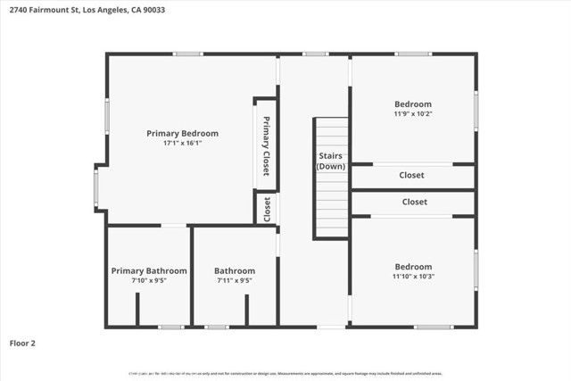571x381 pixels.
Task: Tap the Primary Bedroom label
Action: tap(182, 133)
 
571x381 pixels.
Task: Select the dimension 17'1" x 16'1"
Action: tap(182, 143)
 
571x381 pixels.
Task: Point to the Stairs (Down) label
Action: tap(331, 161)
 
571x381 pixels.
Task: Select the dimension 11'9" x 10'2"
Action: tap(412, 113)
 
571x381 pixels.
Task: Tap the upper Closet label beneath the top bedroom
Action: tap(411, 175)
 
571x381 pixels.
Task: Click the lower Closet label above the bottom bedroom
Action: tap(414, 202)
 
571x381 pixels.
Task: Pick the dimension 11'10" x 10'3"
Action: tap(413, 277)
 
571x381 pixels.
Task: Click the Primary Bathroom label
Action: tap(149, 270)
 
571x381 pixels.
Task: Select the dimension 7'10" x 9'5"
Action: tap(149, 280)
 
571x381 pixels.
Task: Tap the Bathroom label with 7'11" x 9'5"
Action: tap(235, 270)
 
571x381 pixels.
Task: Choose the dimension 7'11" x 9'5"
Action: tap(235, 280)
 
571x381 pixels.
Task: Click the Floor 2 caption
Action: tap(22, 342)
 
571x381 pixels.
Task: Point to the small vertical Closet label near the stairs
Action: tap(267, 208)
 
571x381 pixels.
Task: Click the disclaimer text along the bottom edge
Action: tap(285, 373)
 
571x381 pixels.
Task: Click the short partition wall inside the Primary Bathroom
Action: tap(137, 309)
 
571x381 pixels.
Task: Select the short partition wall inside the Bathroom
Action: tap(247, 309)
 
